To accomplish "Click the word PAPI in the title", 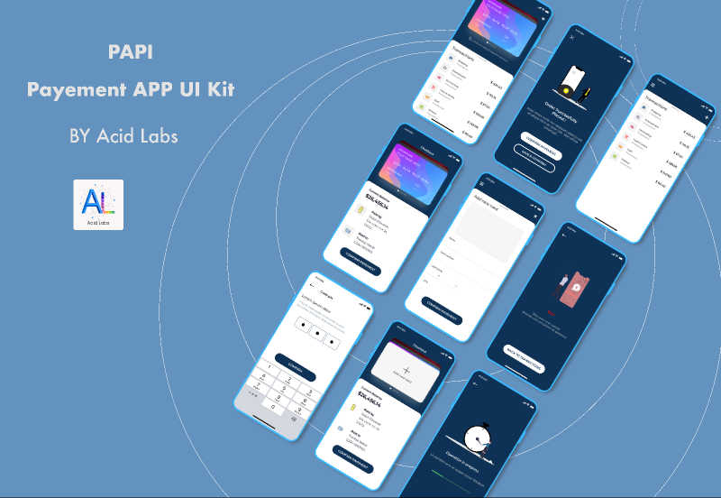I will (130, 52).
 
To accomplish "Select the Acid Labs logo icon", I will (98, 205).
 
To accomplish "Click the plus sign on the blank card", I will (406, 370).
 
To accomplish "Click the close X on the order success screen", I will (570, 40).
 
